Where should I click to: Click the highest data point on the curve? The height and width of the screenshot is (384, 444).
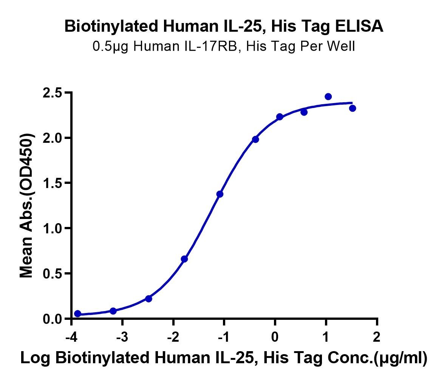(x=328, y=97)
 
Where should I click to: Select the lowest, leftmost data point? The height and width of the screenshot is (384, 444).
(x=77, y=313)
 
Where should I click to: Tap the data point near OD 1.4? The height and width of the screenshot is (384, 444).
(x=220, y=194)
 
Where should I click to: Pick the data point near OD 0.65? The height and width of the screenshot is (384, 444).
(x=184, y=259)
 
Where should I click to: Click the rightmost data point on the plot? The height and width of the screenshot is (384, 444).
(x=353, y=108)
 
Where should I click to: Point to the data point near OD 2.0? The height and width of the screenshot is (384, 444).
(x=255, y=139)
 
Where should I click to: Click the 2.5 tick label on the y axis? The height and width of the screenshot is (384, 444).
(x=53, y=93)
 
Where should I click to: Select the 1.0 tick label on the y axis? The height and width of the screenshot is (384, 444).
(x=53, y=228)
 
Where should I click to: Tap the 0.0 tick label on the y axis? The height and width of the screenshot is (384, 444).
(x=53, y=319)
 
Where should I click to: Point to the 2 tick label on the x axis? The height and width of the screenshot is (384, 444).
(x=376, y=337)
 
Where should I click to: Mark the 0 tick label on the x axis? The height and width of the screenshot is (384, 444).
(x=275, y=337)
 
